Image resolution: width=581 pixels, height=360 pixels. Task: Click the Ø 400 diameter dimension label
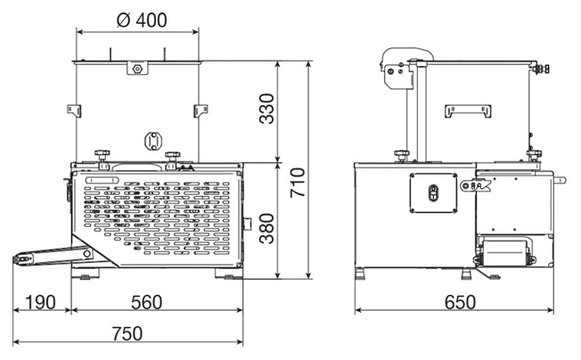pos(142,20)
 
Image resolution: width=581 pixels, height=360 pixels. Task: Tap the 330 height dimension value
pos(266,109)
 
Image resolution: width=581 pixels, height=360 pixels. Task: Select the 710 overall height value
pos(298,183)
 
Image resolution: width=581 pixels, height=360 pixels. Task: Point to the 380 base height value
pos(266,228)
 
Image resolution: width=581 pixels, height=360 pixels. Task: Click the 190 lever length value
pos(40,302)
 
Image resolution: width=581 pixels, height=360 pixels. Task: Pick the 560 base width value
pos(147,302)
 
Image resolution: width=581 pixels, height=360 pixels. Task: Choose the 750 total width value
pos(127,333)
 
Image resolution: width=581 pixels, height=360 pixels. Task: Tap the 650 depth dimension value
pos(460,302)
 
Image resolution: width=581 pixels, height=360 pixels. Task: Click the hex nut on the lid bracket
pos(137,69)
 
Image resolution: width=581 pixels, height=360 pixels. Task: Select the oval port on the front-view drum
pos(153,142)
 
